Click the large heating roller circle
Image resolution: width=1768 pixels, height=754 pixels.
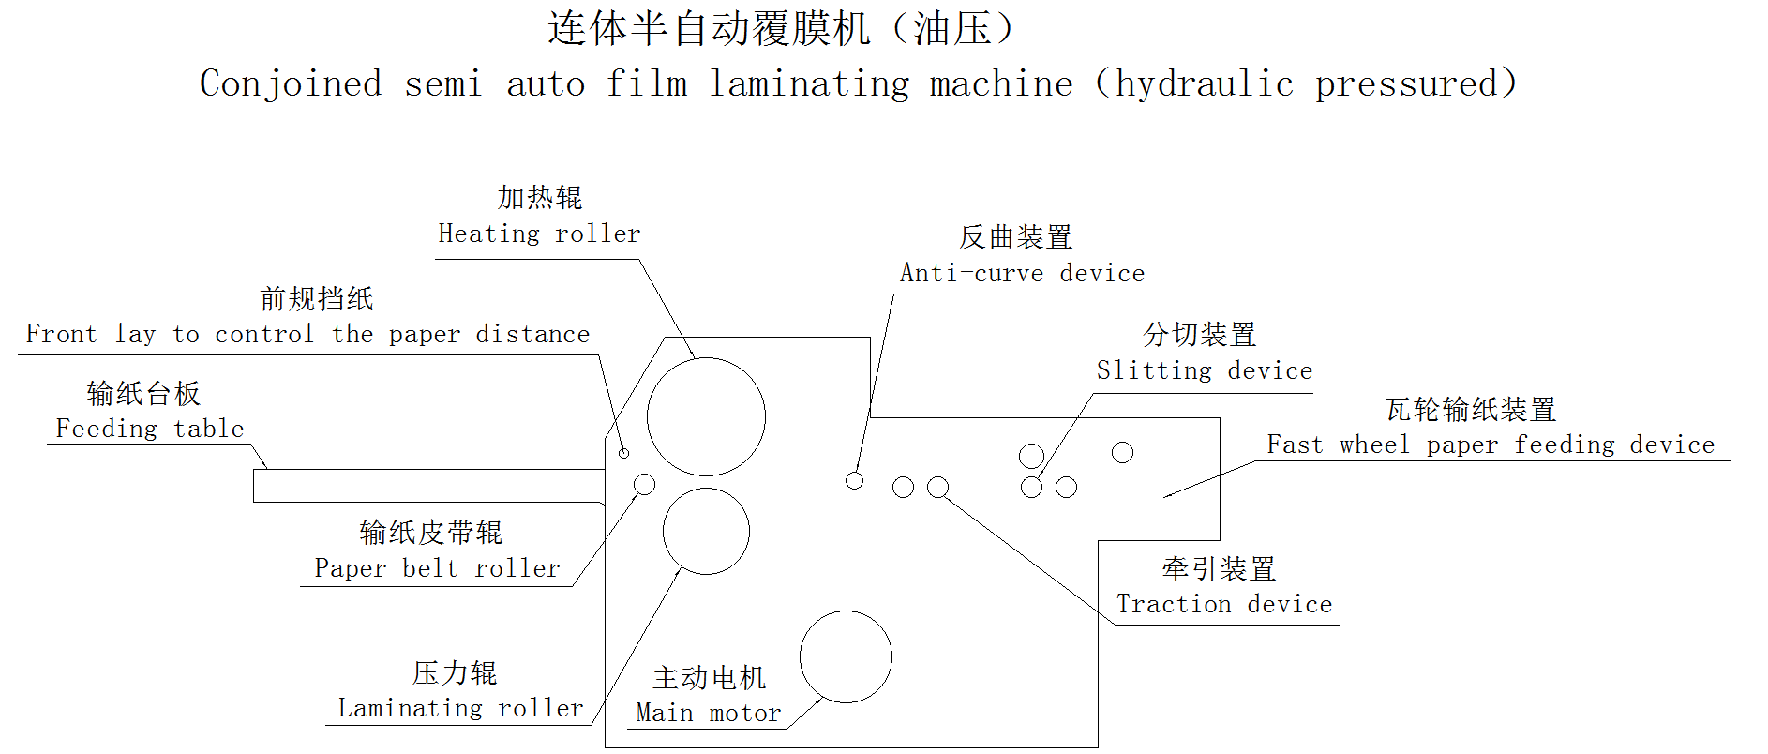coord(706,416)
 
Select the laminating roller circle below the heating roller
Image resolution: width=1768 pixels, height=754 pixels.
coord(706,531)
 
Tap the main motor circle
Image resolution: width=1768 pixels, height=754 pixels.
coord(846,656)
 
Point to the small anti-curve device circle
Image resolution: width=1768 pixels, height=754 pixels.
coord(854,480)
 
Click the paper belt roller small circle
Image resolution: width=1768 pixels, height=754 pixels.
coord(644,484)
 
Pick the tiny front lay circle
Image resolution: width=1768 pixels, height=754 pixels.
coord(623,453)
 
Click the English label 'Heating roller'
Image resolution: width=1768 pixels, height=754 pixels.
coord(539,234)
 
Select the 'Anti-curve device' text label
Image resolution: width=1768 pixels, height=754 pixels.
coord(1022,273)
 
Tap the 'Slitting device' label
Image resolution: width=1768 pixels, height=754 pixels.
coord(1204,370)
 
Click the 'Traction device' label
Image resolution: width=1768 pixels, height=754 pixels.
coord(1224,604)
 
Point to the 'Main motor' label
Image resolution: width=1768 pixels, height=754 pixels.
coord(708,713)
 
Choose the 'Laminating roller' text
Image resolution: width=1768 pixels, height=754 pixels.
coord(460,708)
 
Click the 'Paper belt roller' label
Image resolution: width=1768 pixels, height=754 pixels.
coord(437,568)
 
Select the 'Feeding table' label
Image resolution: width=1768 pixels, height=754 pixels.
coord(150,429)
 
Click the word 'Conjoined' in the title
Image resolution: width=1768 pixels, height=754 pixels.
coord(291,84)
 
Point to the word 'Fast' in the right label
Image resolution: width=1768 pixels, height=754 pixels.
coord(1295,445)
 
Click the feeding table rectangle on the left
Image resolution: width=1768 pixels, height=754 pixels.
coord(428,486)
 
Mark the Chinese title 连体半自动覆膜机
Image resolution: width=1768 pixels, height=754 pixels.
coord(709,28)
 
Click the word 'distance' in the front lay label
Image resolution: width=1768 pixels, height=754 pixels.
coord(532,334)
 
